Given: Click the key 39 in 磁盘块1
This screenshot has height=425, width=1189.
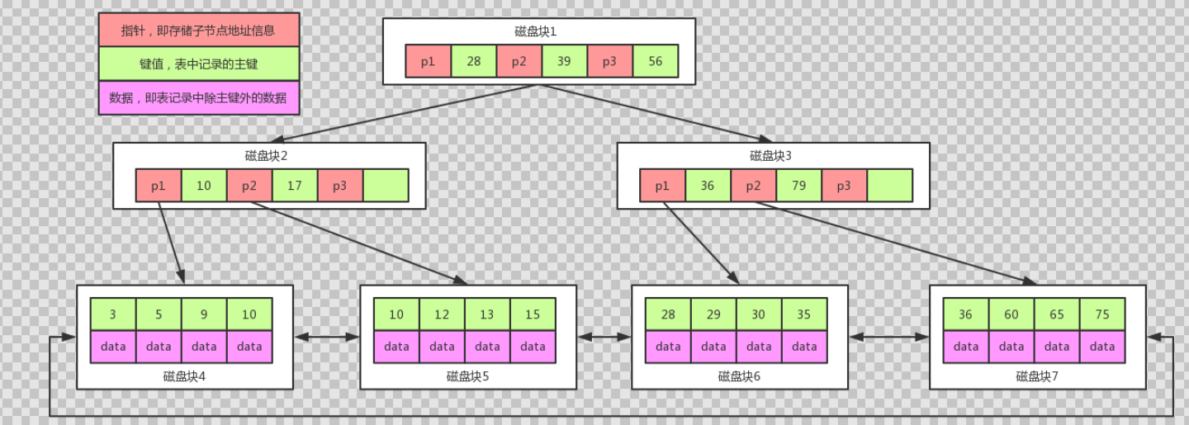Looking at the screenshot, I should (564, 61).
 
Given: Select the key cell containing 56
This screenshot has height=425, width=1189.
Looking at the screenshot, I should (655, 61).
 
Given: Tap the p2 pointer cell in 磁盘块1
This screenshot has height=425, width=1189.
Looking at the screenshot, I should (519, 61).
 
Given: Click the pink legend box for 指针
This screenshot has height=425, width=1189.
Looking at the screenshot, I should (198, 30).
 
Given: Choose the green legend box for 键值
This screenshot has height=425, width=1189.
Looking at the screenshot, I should (198, 64).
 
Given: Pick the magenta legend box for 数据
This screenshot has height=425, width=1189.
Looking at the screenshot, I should (198, 97).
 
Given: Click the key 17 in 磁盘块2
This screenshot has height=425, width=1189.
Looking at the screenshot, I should (295, 186).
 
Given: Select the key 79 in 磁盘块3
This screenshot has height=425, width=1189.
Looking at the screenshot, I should (798, 186).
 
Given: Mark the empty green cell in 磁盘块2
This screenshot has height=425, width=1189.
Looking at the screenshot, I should (386, 186).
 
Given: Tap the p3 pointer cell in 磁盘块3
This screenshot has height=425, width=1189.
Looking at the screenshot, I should (844, 186).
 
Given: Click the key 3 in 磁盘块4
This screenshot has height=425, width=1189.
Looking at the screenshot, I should (113, 314).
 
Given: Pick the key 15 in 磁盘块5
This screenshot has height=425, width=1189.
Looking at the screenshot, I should (533, 314).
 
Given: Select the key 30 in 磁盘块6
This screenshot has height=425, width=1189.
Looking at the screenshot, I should (759, 314).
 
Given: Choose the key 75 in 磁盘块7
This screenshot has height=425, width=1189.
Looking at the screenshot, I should (1102, 314).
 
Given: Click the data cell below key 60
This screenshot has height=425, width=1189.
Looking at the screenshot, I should (1011, 347).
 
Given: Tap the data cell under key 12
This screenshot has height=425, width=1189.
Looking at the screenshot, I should (442, 347).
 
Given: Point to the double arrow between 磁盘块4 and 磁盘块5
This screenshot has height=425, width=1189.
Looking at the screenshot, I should (327, 337).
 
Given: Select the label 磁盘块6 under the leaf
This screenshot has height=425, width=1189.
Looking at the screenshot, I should (739, 376).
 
